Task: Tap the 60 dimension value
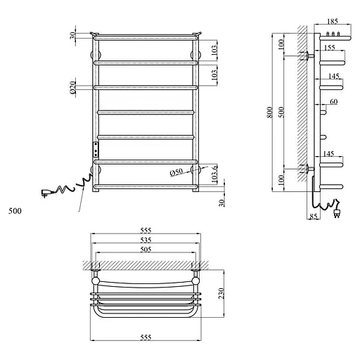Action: tap(333, 103)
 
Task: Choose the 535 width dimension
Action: tap(146, 240)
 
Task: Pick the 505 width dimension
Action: tap(146, 248)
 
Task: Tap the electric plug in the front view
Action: tap(47, 192)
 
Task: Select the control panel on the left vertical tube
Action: tap(95, 148)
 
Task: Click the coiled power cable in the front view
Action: tap(70, 186)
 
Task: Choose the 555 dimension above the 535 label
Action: tap(146, 231)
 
